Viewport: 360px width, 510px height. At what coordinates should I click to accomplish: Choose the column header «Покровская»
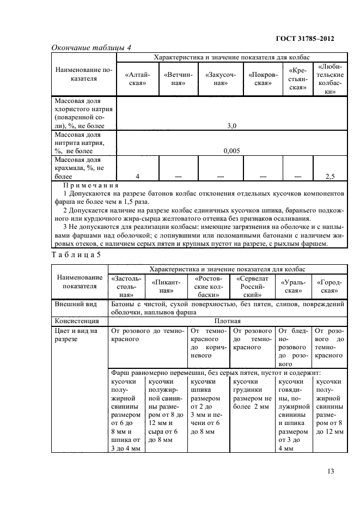pyautogui.click(x=263, y=79)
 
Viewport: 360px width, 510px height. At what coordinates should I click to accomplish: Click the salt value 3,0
pyautogui.click(x=231, y=126)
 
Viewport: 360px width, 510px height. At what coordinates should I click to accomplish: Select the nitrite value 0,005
pyautogui.click(x=231, y=151)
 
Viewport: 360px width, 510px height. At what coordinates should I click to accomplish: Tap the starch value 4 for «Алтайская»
pyautogui.click(x=138, y=176)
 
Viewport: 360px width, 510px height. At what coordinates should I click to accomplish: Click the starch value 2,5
pyautogui.click(x=330, y=176)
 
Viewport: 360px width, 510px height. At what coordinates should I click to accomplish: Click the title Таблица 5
pyautogui.click(x=76, y=253)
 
